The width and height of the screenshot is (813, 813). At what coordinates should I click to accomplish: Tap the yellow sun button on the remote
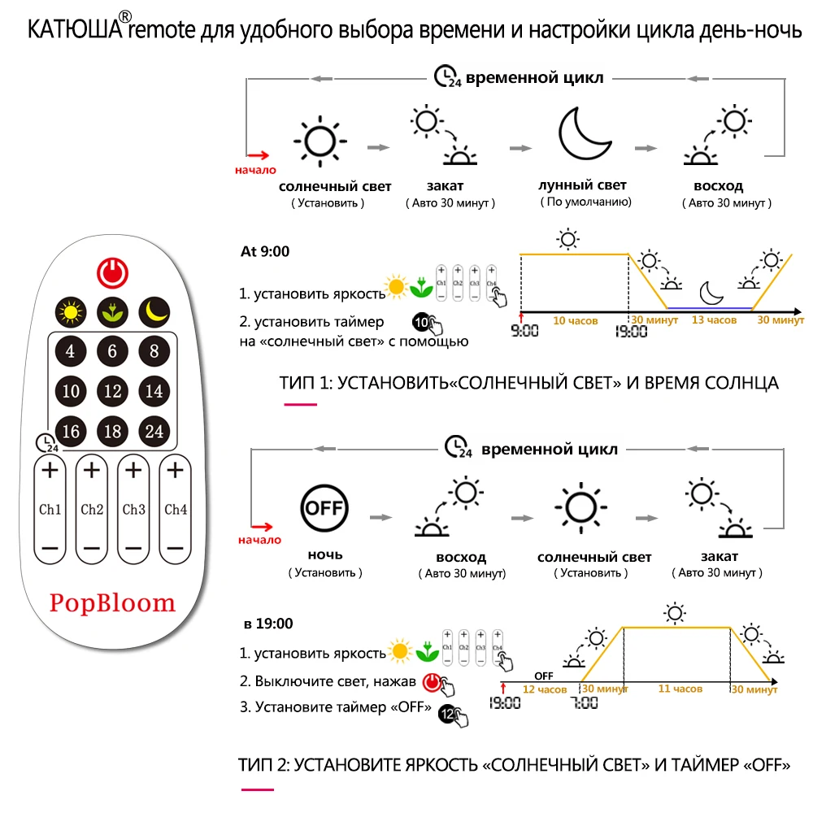71,310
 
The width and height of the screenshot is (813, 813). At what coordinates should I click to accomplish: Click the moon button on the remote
154,310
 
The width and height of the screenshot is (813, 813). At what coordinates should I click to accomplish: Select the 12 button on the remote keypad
112,391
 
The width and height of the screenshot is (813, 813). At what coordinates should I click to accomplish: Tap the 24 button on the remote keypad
154,431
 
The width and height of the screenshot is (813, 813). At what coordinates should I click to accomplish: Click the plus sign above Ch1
50,470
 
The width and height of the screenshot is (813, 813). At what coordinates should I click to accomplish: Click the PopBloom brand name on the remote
112,602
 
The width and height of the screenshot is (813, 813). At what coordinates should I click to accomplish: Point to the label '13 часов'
713,320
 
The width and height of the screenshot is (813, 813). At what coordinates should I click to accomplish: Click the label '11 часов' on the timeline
680,689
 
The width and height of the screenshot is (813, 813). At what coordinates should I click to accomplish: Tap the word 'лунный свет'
583,185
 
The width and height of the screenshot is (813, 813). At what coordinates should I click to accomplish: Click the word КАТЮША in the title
75,30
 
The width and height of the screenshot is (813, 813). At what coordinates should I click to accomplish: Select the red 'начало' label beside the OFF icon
259,540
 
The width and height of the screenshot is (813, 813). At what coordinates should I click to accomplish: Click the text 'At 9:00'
264,251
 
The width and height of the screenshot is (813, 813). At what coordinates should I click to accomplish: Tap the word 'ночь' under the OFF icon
324,554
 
